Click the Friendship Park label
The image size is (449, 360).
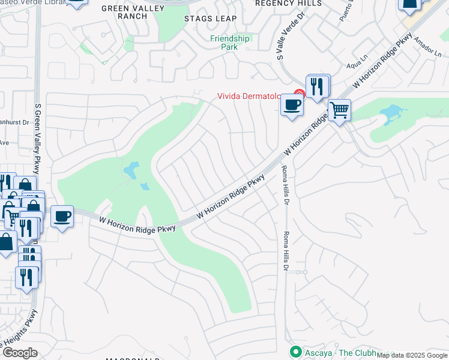(x=229, y=43)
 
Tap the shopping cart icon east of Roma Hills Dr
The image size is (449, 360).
(x=339, y=110)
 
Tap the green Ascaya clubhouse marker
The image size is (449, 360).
(x=295, y=352)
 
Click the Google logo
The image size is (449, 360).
(x=20, y=353)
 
